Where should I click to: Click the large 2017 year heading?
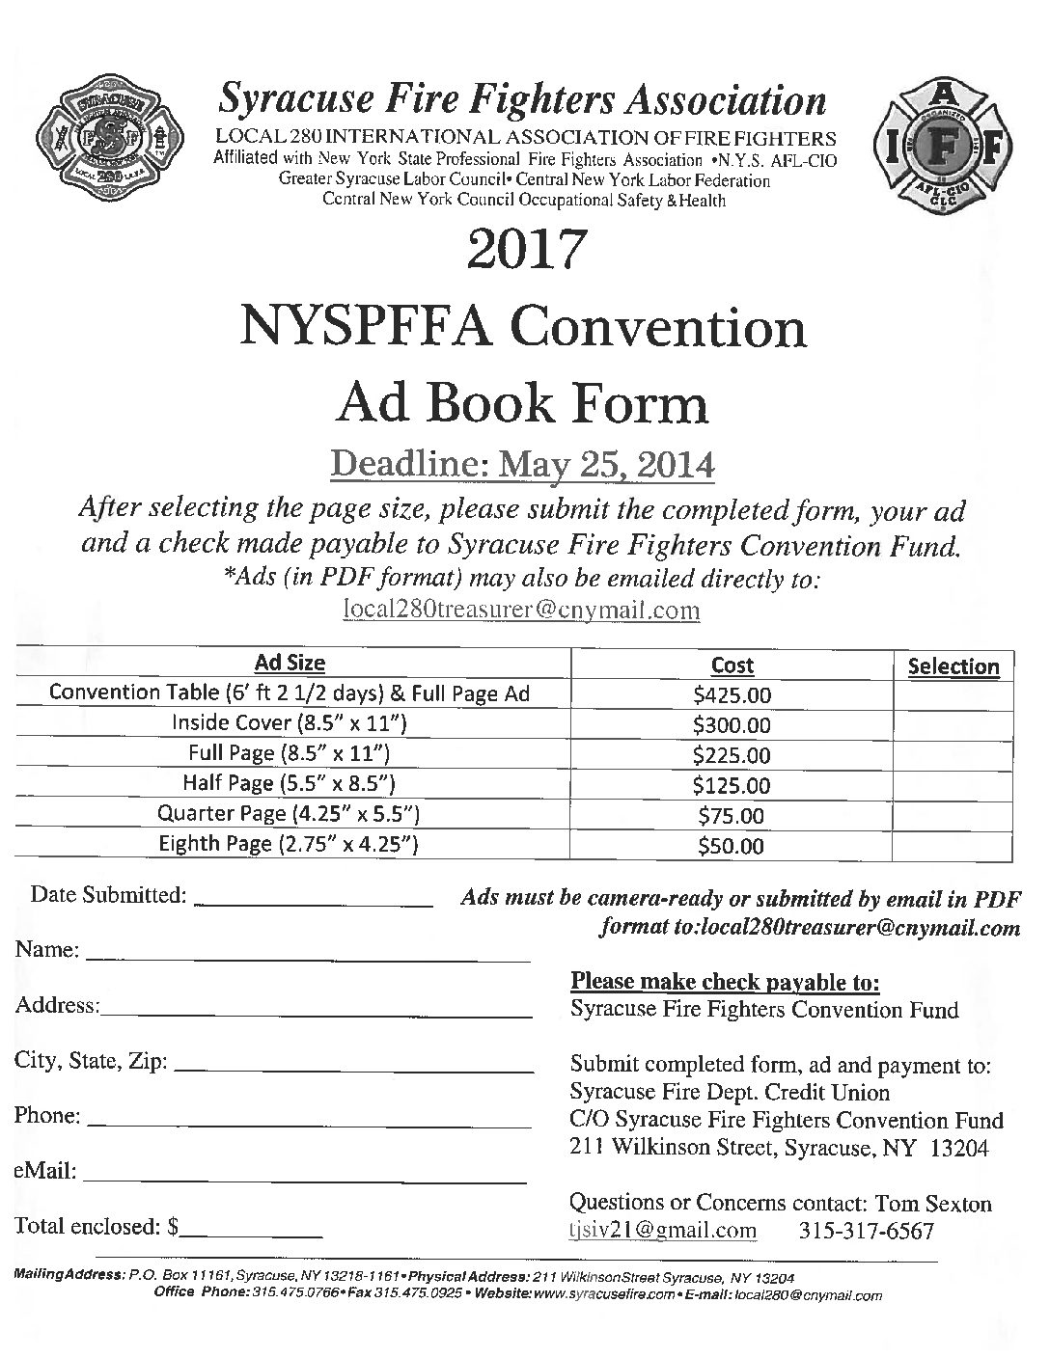[x=524, y=249]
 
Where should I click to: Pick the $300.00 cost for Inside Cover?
[x=732, y=725]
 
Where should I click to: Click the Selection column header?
[x=953, y=666]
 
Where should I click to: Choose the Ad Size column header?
[x=290, y=664]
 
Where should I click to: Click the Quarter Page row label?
[x=290, y=814]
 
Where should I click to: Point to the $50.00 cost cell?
[x=732, y=847]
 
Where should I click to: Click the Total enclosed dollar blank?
[x=252, y=1232]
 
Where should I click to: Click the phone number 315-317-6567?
[x=867, y=1231]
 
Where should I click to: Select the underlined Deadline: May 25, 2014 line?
[x=523, y=466]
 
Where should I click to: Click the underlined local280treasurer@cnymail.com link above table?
[x=521, y=611]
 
